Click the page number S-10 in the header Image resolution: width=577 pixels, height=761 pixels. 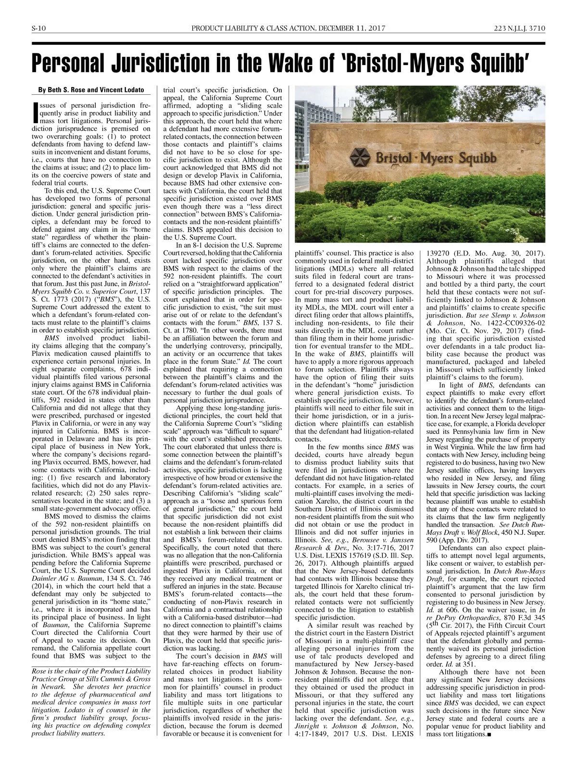tap(38, 29)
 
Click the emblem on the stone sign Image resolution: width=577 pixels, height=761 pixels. tap(360, 158)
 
